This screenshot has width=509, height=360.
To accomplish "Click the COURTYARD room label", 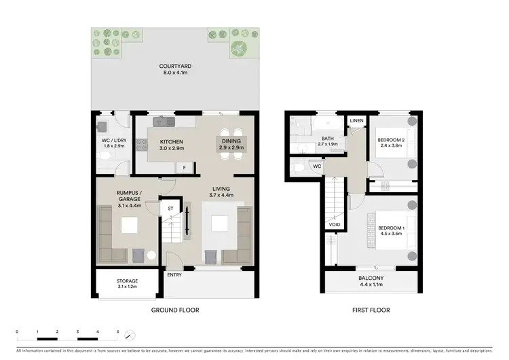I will (x=175, y=67).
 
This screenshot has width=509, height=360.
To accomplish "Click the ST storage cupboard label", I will (x=170, y=209).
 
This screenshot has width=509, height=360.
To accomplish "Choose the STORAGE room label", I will (x=127, y=281).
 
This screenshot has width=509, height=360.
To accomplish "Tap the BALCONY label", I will (x=371, y=278).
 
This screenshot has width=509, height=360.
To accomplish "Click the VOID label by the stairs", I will (x=334, y=224).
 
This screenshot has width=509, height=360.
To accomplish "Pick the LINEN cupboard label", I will (x=357, y=121).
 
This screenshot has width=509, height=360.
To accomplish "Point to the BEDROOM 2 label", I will (x=391, y=141).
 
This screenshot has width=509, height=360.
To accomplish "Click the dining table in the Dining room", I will (x=228, y=145).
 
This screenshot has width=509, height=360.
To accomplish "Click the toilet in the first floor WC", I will (x=296, y=166).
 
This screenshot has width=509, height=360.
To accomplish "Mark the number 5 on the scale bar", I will (x=118, y=332).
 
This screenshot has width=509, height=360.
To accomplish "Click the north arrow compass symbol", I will (x=131, y=335).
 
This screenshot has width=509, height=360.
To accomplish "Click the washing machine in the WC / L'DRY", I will (x=102, y=126).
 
